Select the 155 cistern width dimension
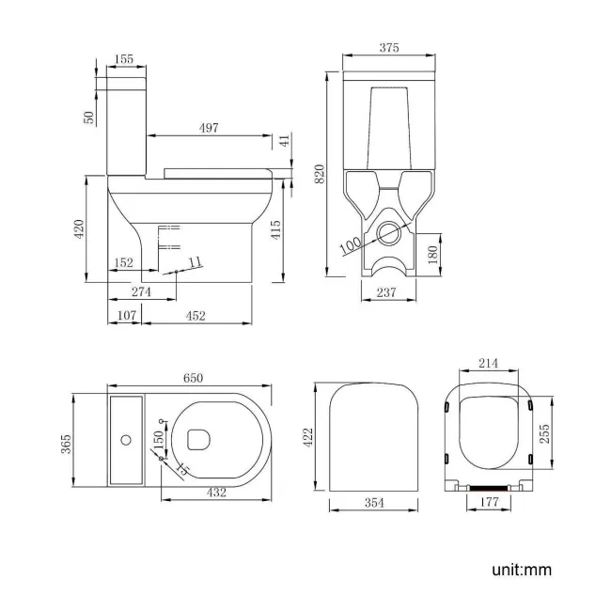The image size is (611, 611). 123,59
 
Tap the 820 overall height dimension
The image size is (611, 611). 320,173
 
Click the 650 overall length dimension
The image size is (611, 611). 192,377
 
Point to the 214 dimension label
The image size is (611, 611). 487,365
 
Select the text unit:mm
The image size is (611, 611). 520,570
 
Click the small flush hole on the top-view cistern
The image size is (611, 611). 125,438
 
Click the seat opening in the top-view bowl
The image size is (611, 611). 199,438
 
